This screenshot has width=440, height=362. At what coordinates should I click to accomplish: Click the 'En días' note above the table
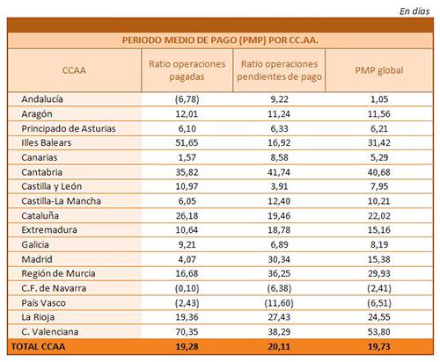tap(414, 11)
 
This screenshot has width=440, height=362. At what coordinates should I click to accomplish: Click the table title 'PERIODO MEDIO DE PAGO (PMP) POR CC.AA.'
tap(220, 40)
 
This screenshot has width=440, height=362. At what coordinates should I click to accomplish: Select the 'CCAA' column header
tap(74, 70)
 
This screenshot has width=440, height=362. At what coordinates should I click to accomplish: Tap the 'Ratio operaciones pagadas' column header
tap(187, 70)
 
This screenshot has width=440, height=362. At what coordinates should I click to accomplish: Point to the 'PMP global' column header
tap(379, 70)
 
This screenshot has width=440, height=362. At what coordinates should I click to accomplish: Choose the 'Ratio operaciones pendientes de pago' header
tap(279, 70)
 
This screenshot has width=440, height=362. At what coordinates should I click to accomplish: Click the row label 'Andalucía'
tap(42, 99)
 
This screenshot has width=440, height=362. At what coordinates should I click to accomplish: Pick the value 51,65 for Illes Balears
tap(187, 142)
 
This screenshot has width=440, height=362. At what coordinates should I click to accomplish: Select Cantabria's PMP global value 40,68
tap(379, 172)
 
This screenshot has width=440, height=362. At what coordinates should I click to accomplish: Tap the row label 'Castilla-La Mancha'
tap(62, 201)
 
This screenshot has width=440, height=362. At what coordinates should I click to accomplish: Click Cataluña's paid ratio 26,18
tap(187, 215)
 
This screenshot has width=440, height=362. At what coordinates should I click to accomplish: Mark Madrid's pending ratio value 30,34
tap(279, 259)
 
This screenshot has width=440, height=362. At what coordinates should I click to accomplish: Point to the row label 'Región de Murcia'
tap(58, 273)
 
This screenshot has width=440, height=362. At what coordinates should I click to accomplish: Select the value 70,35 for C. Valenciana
tap(187, 332)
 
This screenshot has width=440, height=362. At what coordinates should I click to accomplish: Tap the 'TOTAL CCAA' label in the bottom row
tap(38, 346)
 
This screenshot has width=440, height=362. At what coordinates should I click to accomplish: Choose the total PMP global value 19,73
tap(379, 346)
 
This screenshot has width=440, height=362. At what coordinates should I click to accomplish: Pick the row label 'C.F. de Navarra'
tap(54, 288)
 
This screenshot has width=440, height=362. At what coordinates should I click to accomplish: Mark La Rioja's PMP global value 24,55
tap(379, 317)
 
